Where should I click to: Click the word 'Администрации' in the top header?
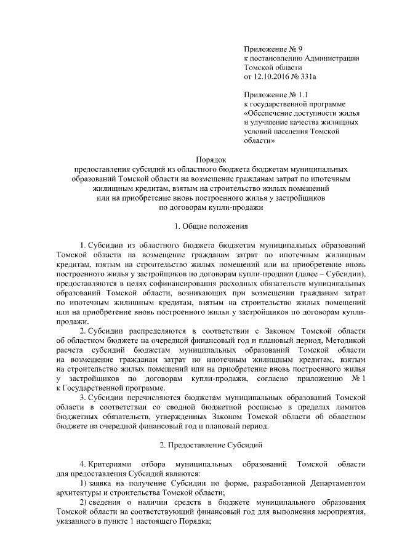(331, 57)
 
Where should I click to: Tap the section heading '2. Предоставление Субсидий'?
(211, 443)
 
